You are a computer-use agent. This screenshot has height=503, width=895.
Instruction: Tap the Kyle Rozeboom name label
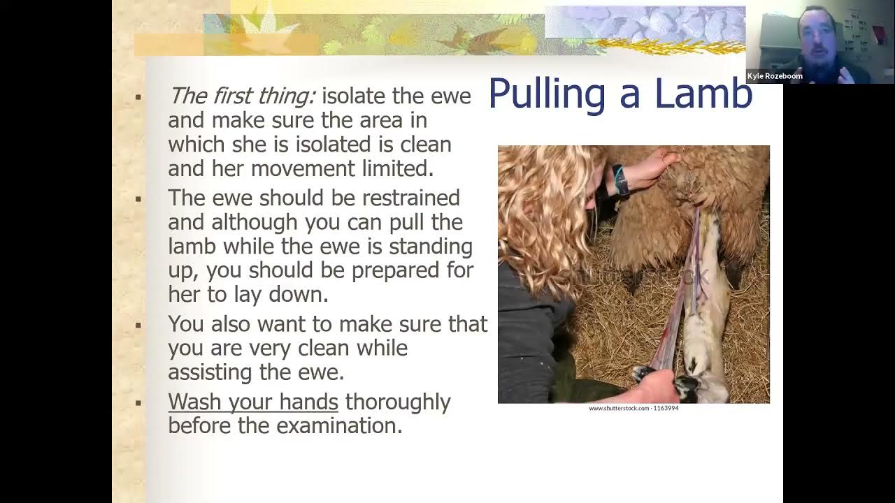pos(775,76)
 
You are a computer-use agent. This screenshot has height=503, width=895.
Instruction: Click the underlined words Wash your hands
pos(253,402)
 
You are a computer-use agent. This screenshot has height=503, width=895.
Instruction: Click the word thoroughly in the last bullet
pos(398,402)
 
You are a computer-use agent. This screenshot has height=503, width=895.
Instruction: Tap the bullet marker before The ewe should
pos(138,199)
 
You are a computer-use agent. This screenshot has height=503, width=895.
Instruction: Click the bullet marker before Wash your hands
pos(138,403)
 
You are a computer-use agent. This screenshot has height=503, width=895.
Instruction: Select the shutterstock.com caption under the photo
pos(633,408)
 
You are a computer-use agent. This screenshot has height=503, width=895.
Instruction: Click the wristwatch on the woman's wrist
pos(620,180)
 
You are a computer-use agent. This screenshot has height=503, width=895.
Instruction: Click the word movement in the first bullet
pos(301,168)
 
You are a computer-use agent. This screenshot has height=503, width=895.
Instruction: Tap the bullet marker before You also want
pos(138,325)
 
